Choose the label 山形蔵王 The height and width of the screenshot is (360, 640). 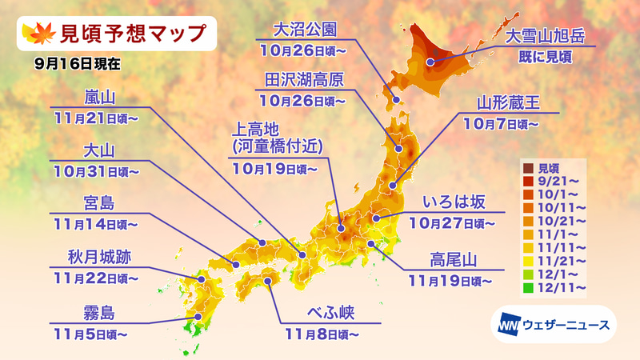click(507, 103)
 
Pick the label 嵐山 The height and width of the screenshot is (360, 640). click(100, 98)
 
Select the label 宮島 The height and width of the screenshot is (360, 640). click(100, 202)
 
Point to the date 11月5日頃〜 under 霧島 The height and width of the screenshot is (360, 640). click(99, 329)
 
